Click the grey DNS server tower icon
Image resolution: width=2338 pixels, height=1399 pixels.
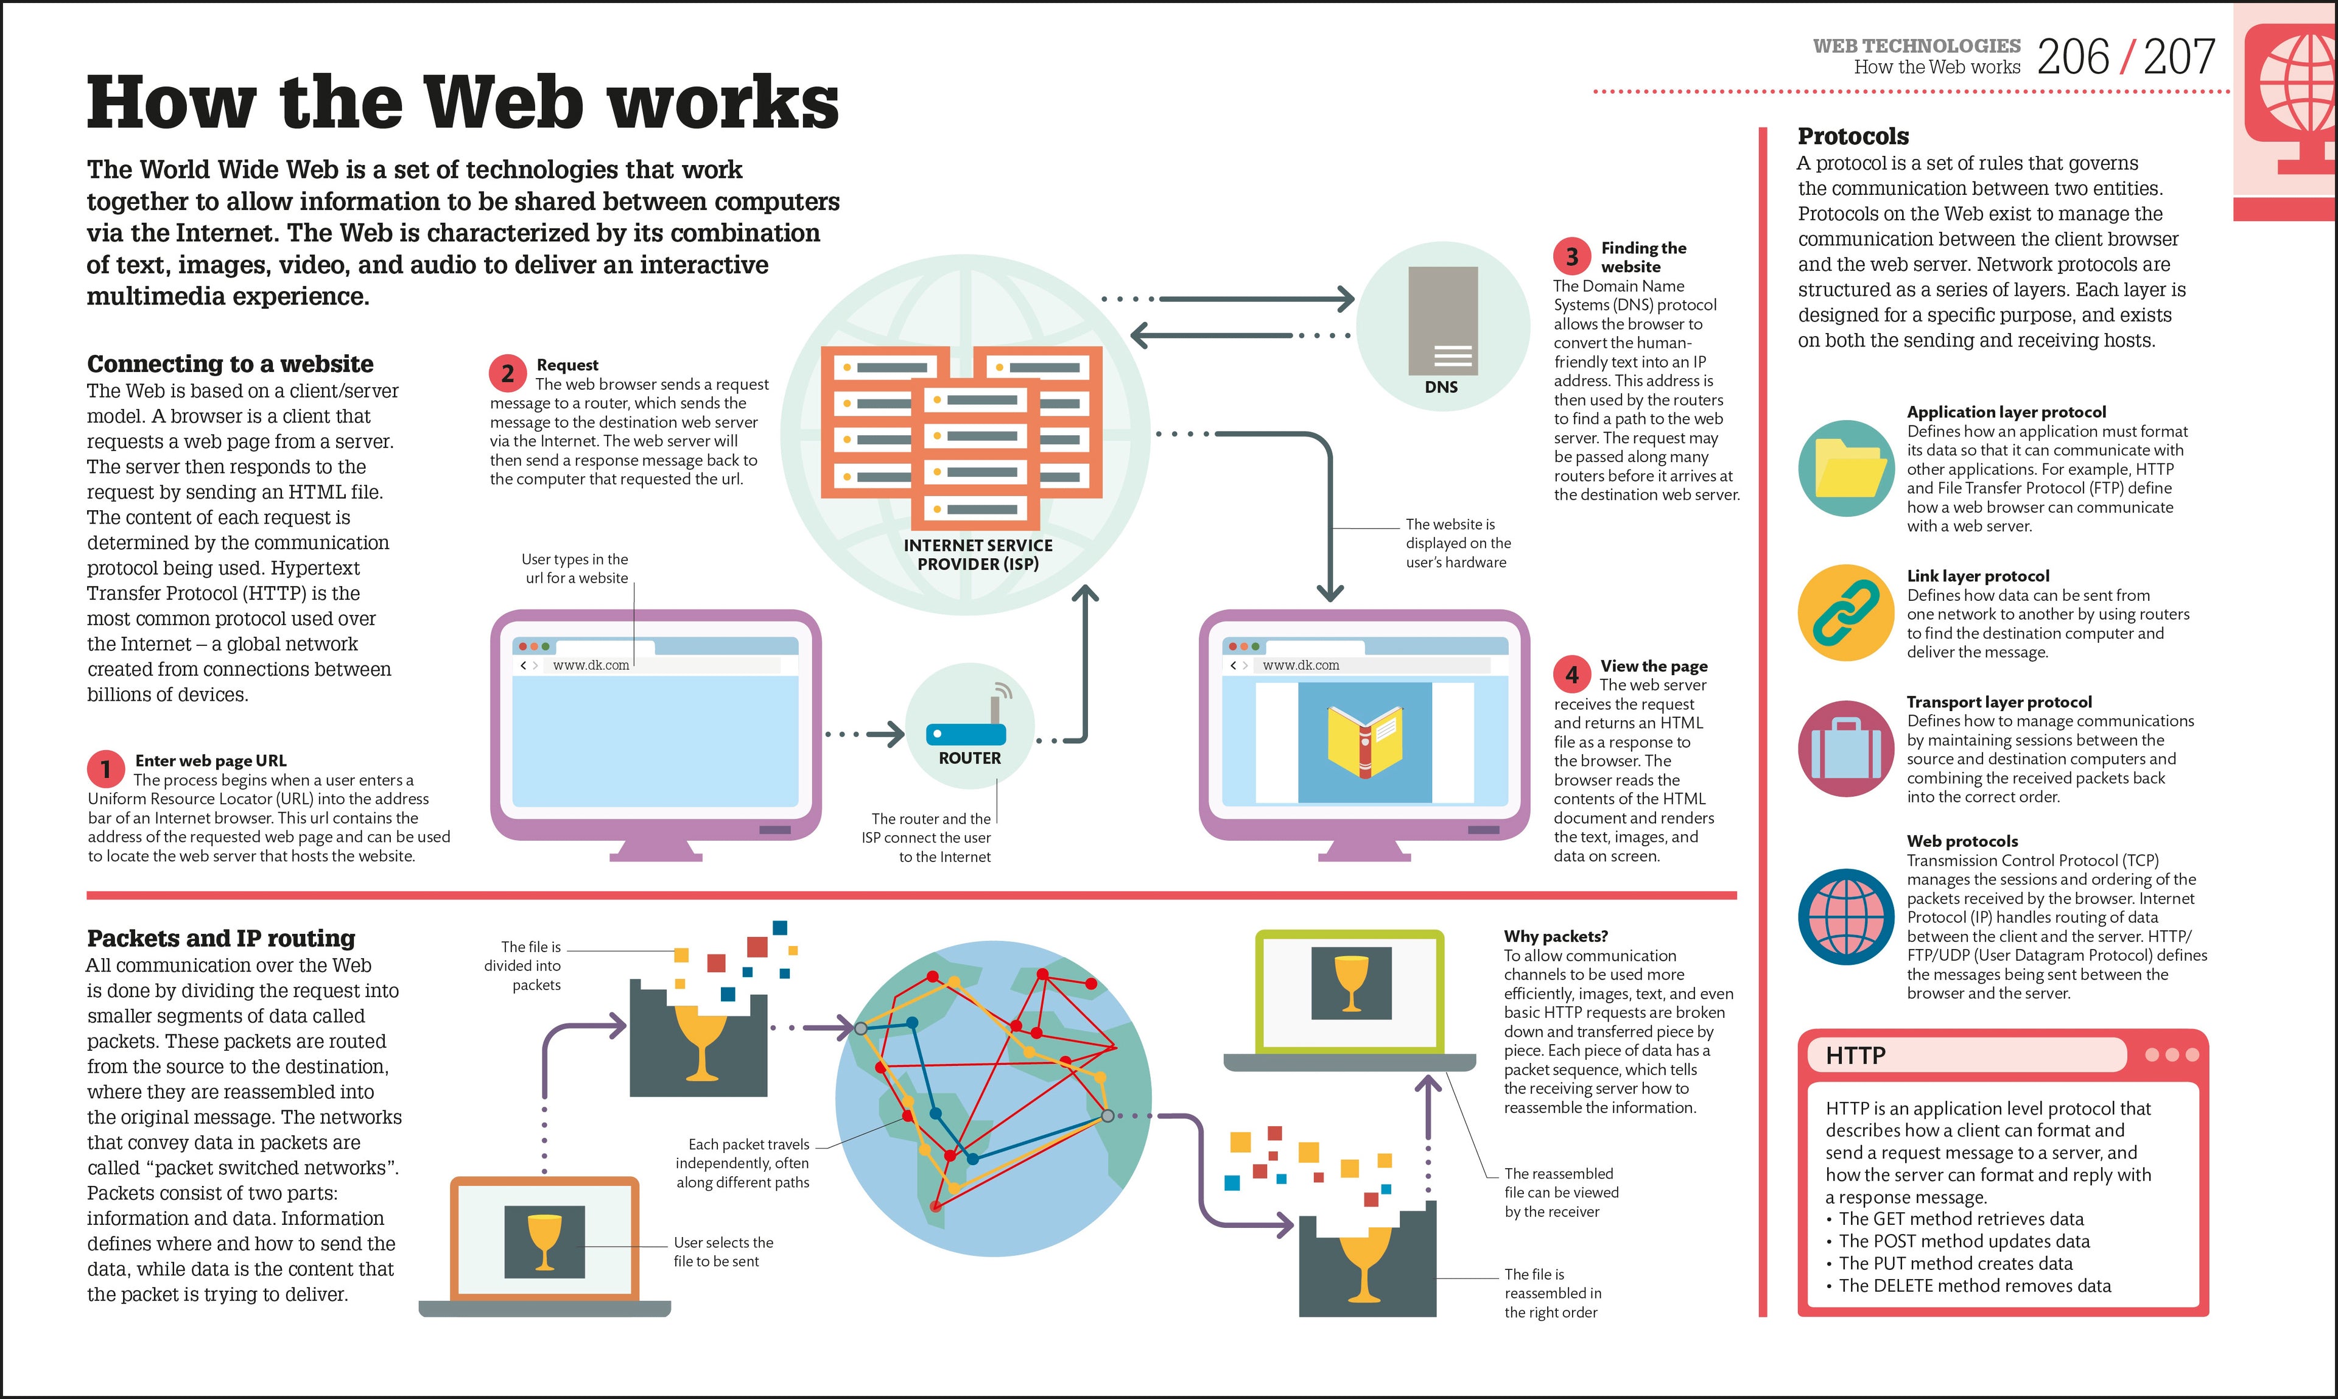1442,320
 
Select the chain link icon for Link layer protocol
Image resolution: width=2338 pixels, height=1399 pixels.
1846,613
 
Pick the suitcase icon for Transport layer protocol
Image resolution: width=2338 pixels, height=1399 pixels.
1846,749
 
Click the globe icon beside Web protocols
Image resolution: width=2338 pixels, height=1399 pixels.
1846,916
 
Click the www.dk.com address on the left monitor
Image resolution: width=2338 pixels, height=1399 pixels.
591,665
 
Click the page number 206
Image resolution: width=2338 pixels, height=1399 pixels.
2073,57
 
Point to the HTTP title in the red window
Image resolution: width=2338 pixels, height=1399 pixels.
1855,1055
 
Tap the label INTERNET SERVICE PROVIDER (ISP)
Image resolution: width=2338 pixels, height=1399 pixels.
978,555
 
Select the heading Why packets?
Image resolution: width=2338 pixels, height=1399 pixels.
1556,936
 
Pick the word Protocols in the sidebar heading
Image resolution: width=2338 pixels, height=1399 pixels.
1853,137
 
